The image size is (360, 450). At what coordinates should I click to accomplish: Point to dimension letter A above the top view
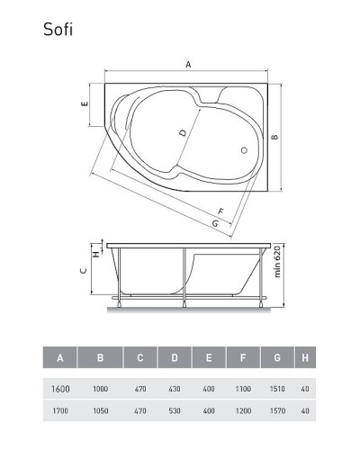click(x=187, y=64)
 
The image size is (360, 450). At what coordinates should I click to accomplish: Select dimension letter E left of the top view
click(x=84, y=105)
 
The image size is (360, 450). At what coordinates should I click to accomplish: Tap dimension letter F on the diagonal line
click(x=220, y=211)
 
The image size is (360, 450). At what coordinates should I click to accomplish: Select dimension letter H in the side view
click(x=95, y=252)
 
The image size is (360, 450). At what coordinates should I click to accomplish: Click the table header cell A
click(x=59, y=358)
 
